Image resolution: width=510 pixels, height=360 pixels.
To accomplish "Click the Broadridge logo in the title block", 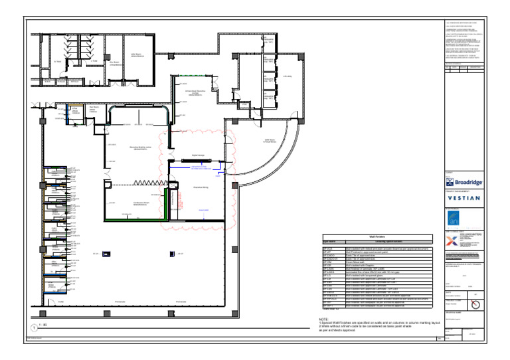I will click(464, 182).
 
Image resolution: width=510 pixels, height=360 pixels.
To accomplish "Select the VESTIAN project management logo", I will click(464, 198).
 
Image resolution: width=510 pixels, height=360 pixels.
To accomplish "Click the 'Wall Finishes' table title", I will click(377, 236).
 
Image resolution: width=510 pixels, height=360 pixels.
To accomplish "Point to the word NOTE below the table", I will click(324, 319).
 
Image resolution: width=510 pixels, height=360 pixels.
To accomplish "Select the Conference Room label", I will click(139, 204).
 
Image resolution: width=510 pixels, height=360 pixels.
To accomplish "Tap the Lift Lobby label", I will click(288, 76).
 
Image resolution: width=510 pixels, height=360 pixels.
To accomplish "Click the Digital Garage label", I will click(197, 155).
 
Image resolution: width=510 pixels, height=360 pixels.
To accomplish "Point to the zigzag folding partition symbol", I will click(147, 183).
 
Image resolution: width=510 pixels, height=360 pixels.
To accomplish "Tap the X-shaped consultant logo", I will click(453, 241).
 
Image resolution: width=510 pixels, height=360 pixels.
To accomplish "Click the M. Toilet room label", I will click(57, 62).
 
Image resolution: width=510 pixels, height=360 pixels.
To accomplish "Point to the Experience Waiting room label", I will click(201, 188).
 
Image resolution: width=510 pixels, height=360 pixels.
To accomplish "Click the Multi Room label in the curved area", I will click(270, 141).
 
